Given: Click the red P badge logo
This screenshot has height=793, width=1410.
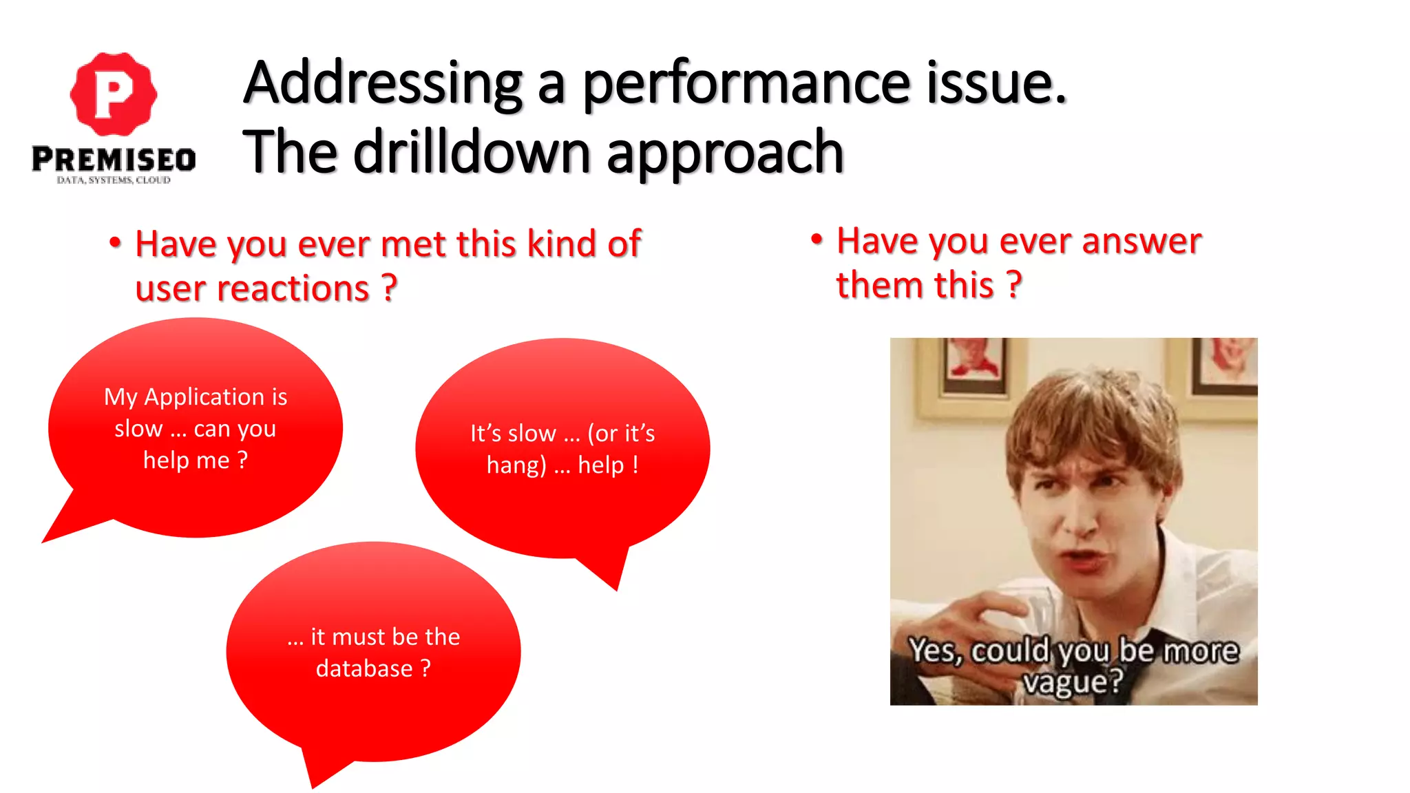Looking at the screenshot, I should point(114,94).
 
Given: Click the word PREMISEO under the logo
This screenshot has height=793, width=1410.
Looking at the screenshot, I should point(114,160).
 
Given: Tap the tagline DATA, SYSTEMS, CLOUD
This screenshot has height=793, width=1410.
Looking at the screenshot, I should point(114,180).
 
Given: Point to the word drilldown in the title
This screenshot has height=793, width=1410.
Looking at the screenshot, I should point(472,152).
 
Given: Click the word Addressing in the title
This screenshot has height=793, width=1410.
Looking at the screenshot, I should point(383,84).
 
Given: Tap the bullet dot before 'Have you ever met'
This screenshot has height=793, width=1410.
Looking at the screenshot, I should point(115,243).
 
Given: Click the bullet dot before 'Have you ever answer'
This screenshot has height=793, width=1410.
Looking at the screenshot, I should point(817,240).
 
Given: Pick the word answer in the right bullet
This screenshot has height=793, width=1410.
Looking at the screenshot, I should point(1141,241).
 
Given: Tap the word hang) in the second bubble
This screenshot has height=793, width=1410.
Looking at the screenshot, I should point(516,465).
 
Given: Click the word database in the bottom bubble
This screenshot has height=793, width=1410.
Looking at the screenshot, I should point(364,668).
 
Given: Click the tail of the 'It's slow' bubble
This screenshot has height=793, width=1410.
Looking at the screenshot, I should point(609,571).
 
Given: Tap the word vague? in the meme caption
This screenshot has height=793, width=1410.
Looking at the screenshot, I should point(1072,682).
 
